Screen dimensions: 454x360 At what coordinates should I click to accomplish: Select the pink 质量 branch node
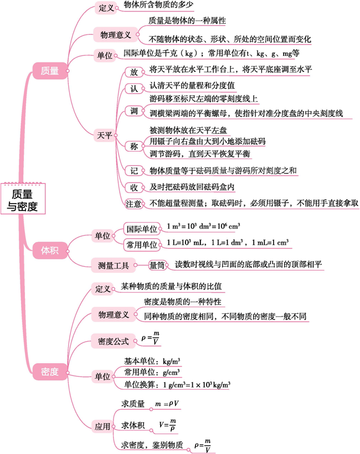50,70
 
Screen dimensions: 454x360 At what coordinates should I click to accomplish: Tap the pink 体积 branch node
50,251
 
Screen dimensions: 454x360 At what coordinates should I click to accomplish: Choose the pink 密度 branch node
50,372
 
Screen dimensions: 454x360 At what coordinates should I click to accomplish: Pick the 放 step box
134,73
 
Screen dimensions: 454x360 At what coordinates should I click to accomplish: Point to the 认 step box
134,88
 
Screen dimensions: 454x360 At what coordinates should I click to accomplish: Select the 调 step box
134,111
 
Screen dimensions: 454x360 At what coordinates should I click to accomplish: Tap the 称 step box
134,147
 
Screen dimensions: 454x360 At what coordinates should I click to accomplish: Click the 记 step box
134,171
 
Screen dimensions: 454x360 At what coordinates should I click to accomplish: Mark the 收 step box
134,187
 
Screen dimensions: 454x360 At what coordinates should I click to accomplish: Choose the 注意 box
134,203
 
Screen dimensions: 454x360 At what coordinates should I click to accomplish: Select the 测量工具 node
113,266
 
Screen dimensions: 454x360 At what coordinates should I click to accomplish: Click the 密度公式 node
113,341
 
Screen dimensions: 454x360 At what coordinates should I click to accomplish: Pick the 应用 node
102,426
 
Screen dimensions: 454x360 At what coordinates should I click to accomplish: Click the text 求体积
133,425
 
